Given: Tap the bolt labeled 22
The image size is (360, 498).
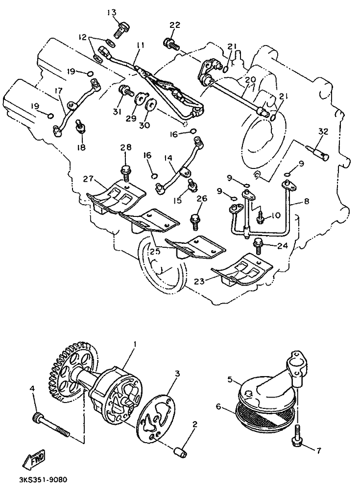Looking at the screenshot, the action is (171, 44).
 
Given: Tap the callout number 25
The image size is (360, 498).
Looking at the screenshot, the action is (155, 252).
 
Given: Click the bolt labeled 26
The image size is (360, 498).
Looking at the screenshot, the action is (195, 222).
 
